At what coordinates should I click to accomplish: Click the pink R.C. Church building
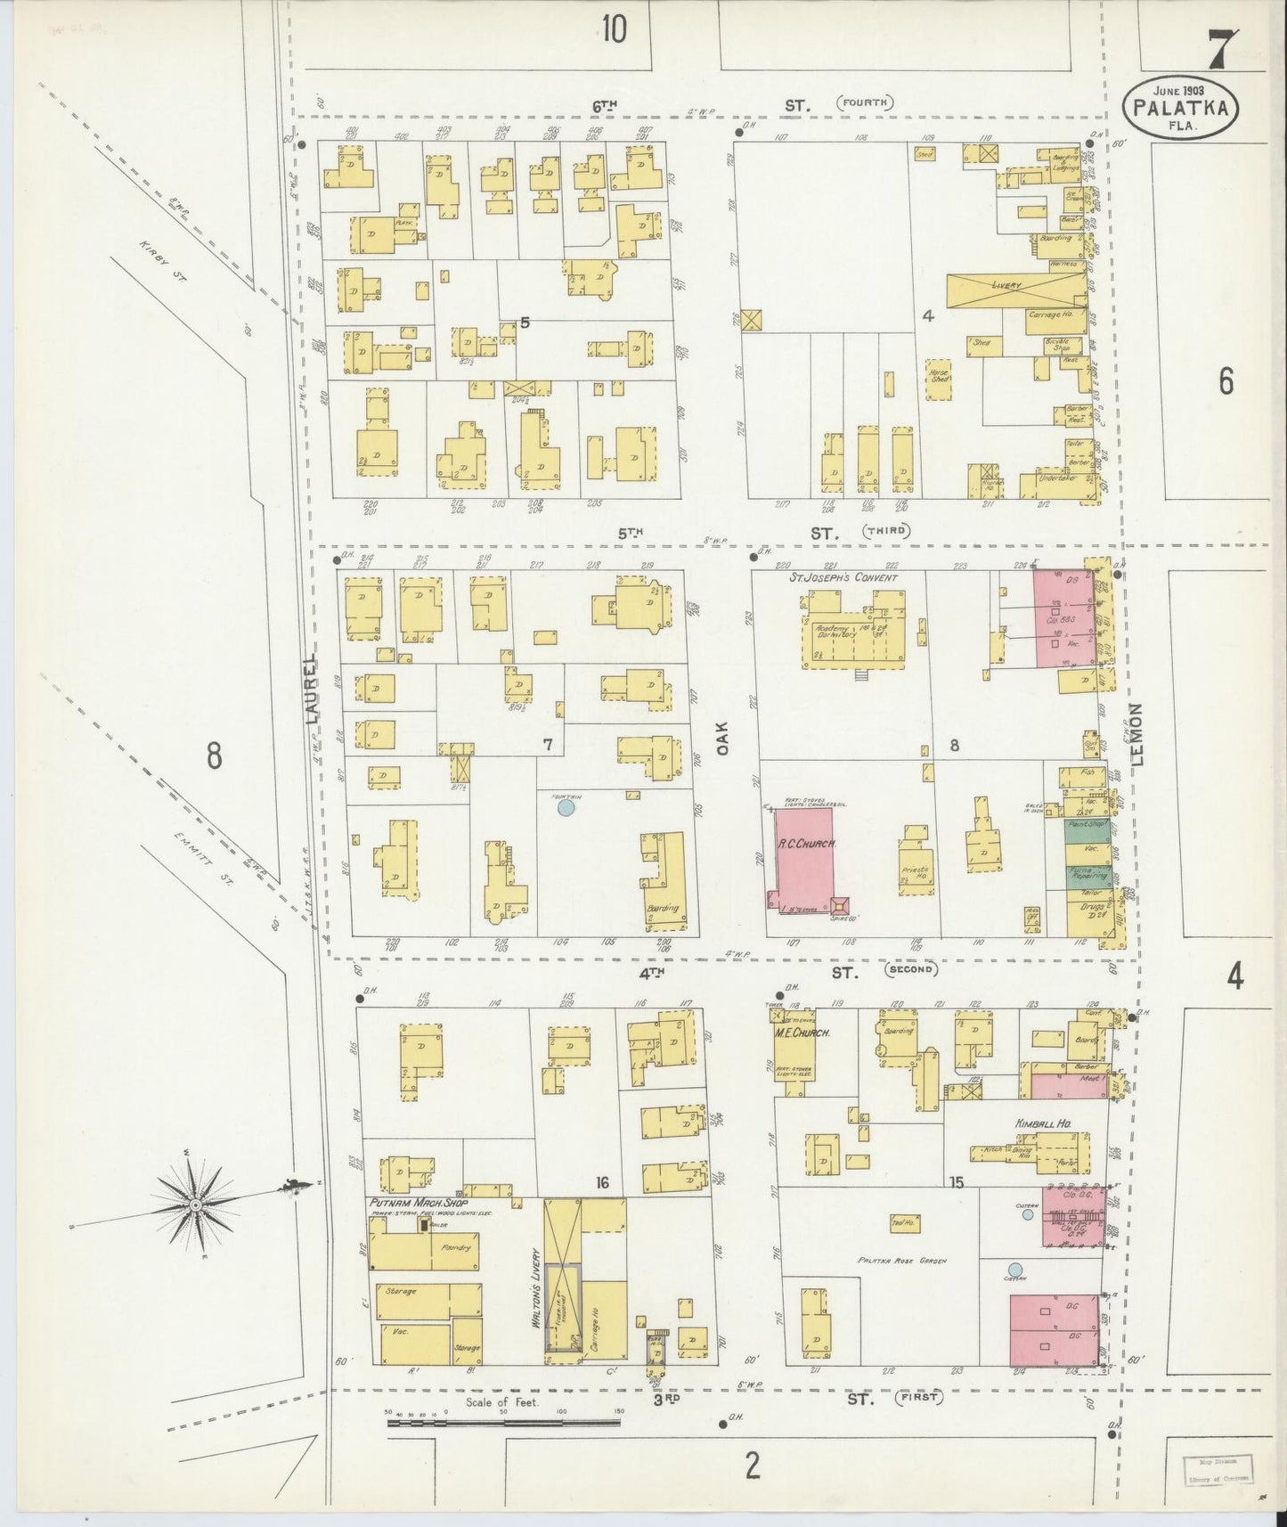[x=804, y=857]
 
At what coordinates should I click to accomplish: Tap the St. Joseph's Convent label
[x=843, y=577]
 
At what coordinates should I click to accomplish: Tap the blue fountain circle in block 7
[x=565, y=808]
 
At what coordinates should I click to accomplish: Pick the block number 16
[x=602, y=1182]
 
